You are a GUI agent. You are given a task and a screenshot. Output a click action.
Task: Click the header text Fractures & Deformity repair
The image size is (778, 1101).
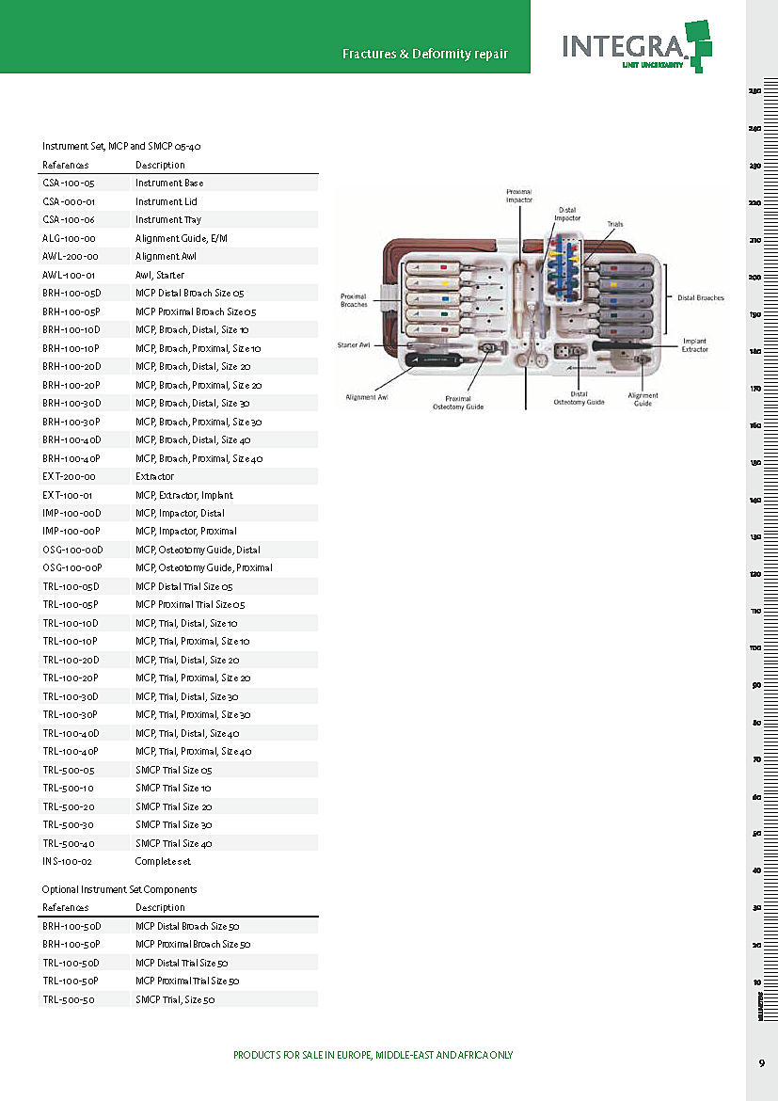click(425, 54)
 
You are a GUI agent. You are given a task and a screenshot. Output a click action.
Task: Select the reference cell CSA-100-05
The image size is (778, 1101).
click(69, 183)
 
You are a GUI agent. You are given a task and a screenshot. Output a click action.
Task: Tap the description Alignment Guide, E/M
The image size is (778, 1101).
click(182, 238)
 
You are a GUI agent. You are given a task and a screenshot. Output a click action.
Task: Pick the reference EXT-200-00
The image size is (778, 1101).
click(69, 477)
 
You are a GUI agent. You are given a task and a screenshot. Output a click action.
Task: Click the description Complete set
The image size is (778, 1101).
click(163, 862)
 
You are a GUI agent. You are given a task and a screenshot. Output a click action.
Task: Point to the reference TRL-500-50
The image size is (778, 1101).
click(69, 999)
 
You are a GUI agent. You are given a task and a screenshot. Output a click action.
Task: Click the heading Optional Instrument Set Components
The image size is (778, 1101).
click(119, 889)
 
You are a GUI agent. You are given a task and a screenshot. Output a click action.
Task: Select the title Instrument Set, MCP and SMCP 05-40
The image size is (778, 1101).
click(121, 147)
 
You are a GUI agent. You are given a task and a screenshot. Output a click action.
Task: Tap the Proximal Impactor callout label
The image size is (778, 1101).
click(519, 196)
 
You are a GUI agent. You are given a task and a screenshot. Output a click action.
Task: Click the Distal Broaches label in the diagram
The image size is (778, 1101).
click(701, 298)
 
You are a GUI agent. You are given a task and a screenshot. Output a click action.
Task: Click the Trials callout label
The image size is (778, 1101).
click(614, 225)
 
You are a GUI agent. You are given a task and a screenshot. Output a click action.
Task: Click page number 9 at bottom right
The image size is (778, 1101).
click(761, 1063)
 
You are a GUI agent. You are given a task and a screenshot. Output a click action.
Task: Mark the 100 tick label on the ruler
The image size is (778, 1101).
click(754, 648)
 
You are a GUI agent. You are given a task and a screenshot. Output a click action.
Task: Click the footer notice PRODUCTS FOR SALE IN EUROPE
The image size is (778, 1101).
click(373, 1056)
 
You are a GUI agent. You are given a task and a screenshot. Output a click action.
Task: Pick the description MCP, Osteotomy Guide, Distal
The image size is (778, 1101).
click(198, 550)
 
